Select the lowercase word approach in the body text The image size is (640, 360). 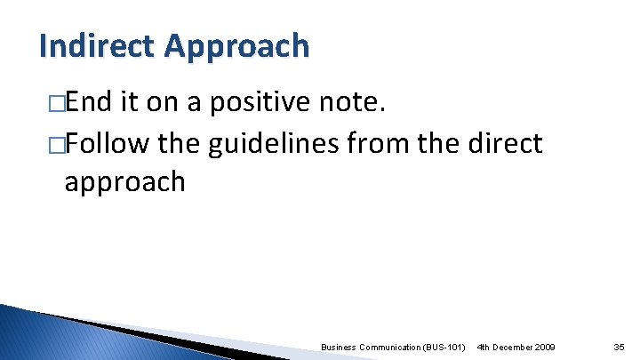pyautogui.click(x=124, y=182)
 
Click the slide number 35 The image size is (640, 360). pyautogui.click(x=619, y=346)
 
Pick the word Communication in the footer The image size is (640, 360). pyautogui.click(x=391, y=346)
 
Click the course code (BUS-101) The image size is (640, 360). pyautogui.click(x=445, y=346)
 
